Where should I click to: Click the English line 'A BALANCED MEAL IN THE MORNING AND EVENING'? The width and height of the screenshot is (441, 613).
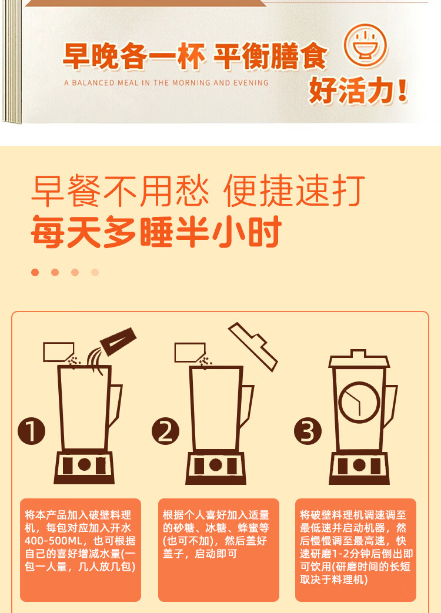click(x=166, y=83)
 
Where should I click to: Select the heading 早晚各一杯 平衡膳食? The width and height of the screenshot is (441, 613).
click(x=194, y=57)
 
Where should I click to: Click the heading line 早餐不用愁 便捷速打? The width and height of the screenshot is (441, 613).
click(x=198, y=190)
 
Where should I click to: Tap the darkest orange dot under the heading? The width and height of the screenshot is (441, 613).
click(x=35, y=272)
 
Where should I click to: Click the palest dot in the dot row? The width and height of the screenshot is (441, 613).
click(x=95, y=272)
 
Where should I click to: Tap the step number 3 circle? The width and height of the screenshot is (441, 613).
click(x=308, y=432)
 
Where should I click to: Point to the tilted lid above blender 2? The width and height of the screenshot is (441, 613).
click(x=253, y=346)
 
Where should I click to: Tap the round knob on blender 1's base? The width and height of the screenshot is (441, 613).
click(x=85, y=464)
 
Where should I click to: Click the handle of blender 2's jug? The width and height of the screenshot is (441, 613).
click(x=248, y=406)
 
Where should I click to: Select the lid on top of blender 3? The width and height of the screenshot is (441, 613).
click(x=359, y=359)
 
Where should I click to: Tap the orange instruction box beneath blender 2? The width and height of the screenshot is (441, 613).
click(x=219, y=550)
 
